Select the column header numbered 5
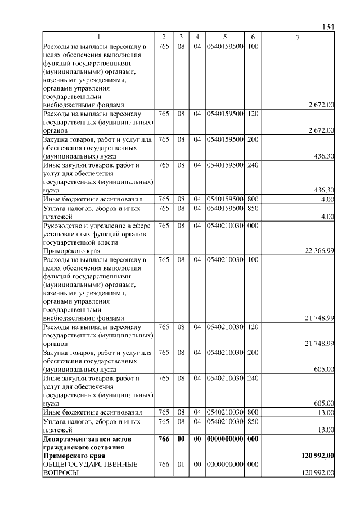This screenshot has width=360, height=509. (x=224, y=37)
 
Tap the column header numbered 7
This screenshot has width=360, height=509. (x=298, y=37)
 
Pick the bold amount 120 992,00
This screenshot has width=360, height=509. (x=317, y=455)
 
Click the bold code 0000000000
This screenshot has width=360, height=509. (x=224, y=438)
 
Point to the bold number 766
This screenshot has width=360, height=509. (x=164, y=438)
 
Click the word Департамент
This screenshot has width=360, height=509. (x=66, y=438)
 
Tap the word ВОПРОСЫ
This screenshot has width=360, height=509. (x=61, y=474)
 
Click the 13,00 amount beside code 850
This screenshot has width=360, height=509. (x=326, y=430)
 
